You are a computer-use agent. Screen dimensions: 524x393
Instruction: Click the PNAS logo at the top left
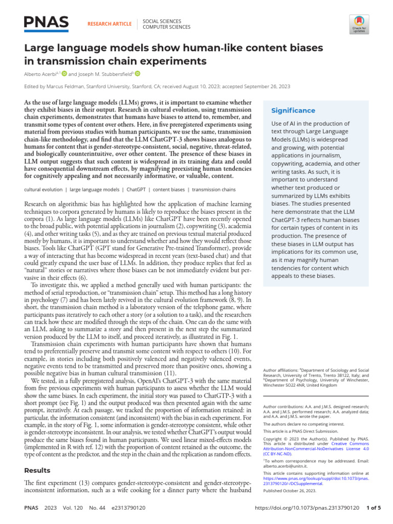point(46,23)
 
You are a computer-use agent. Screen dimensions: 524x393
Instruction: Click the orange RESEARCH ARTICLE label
point(110,24)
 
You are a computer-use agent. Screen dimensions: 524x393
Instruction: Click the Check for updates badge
point(359,24)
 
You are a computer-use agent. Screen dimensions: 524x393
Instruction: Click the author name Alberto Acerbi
point(42,74)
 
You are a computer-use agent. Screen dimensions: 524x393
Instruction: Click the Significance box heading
point(293,111)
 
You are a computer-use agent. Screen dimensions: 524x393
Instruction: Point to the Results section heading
point(37,470)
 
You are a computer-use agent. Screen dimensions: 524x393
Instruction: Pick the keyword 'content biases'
point(169,189)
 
